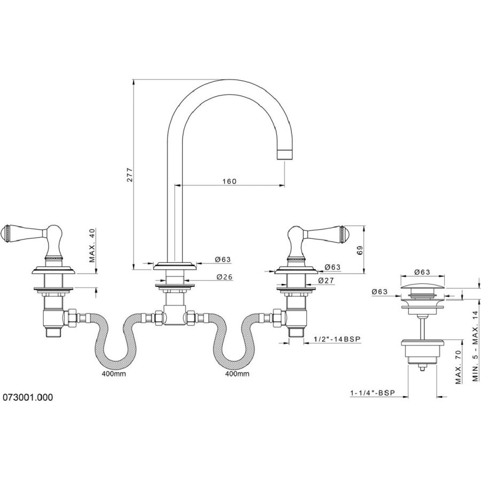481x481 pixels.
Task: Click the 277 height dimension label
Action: point(130,175)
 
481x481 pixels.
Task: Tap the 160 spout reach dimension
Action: point(229,181)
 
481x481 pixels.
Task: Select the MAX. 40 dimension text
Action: point(92,245)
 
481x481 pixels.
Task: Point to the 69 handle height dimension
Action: point(360,250)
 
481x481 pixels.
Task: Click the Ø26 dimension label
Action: point(224,277)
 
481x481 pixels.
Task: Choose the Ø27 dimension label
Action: point(326,280)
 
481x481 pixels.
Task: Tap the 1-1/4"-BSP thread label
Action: point(372,392)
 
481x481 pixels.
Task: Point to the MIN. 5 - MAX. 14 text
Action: point(475,346)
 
